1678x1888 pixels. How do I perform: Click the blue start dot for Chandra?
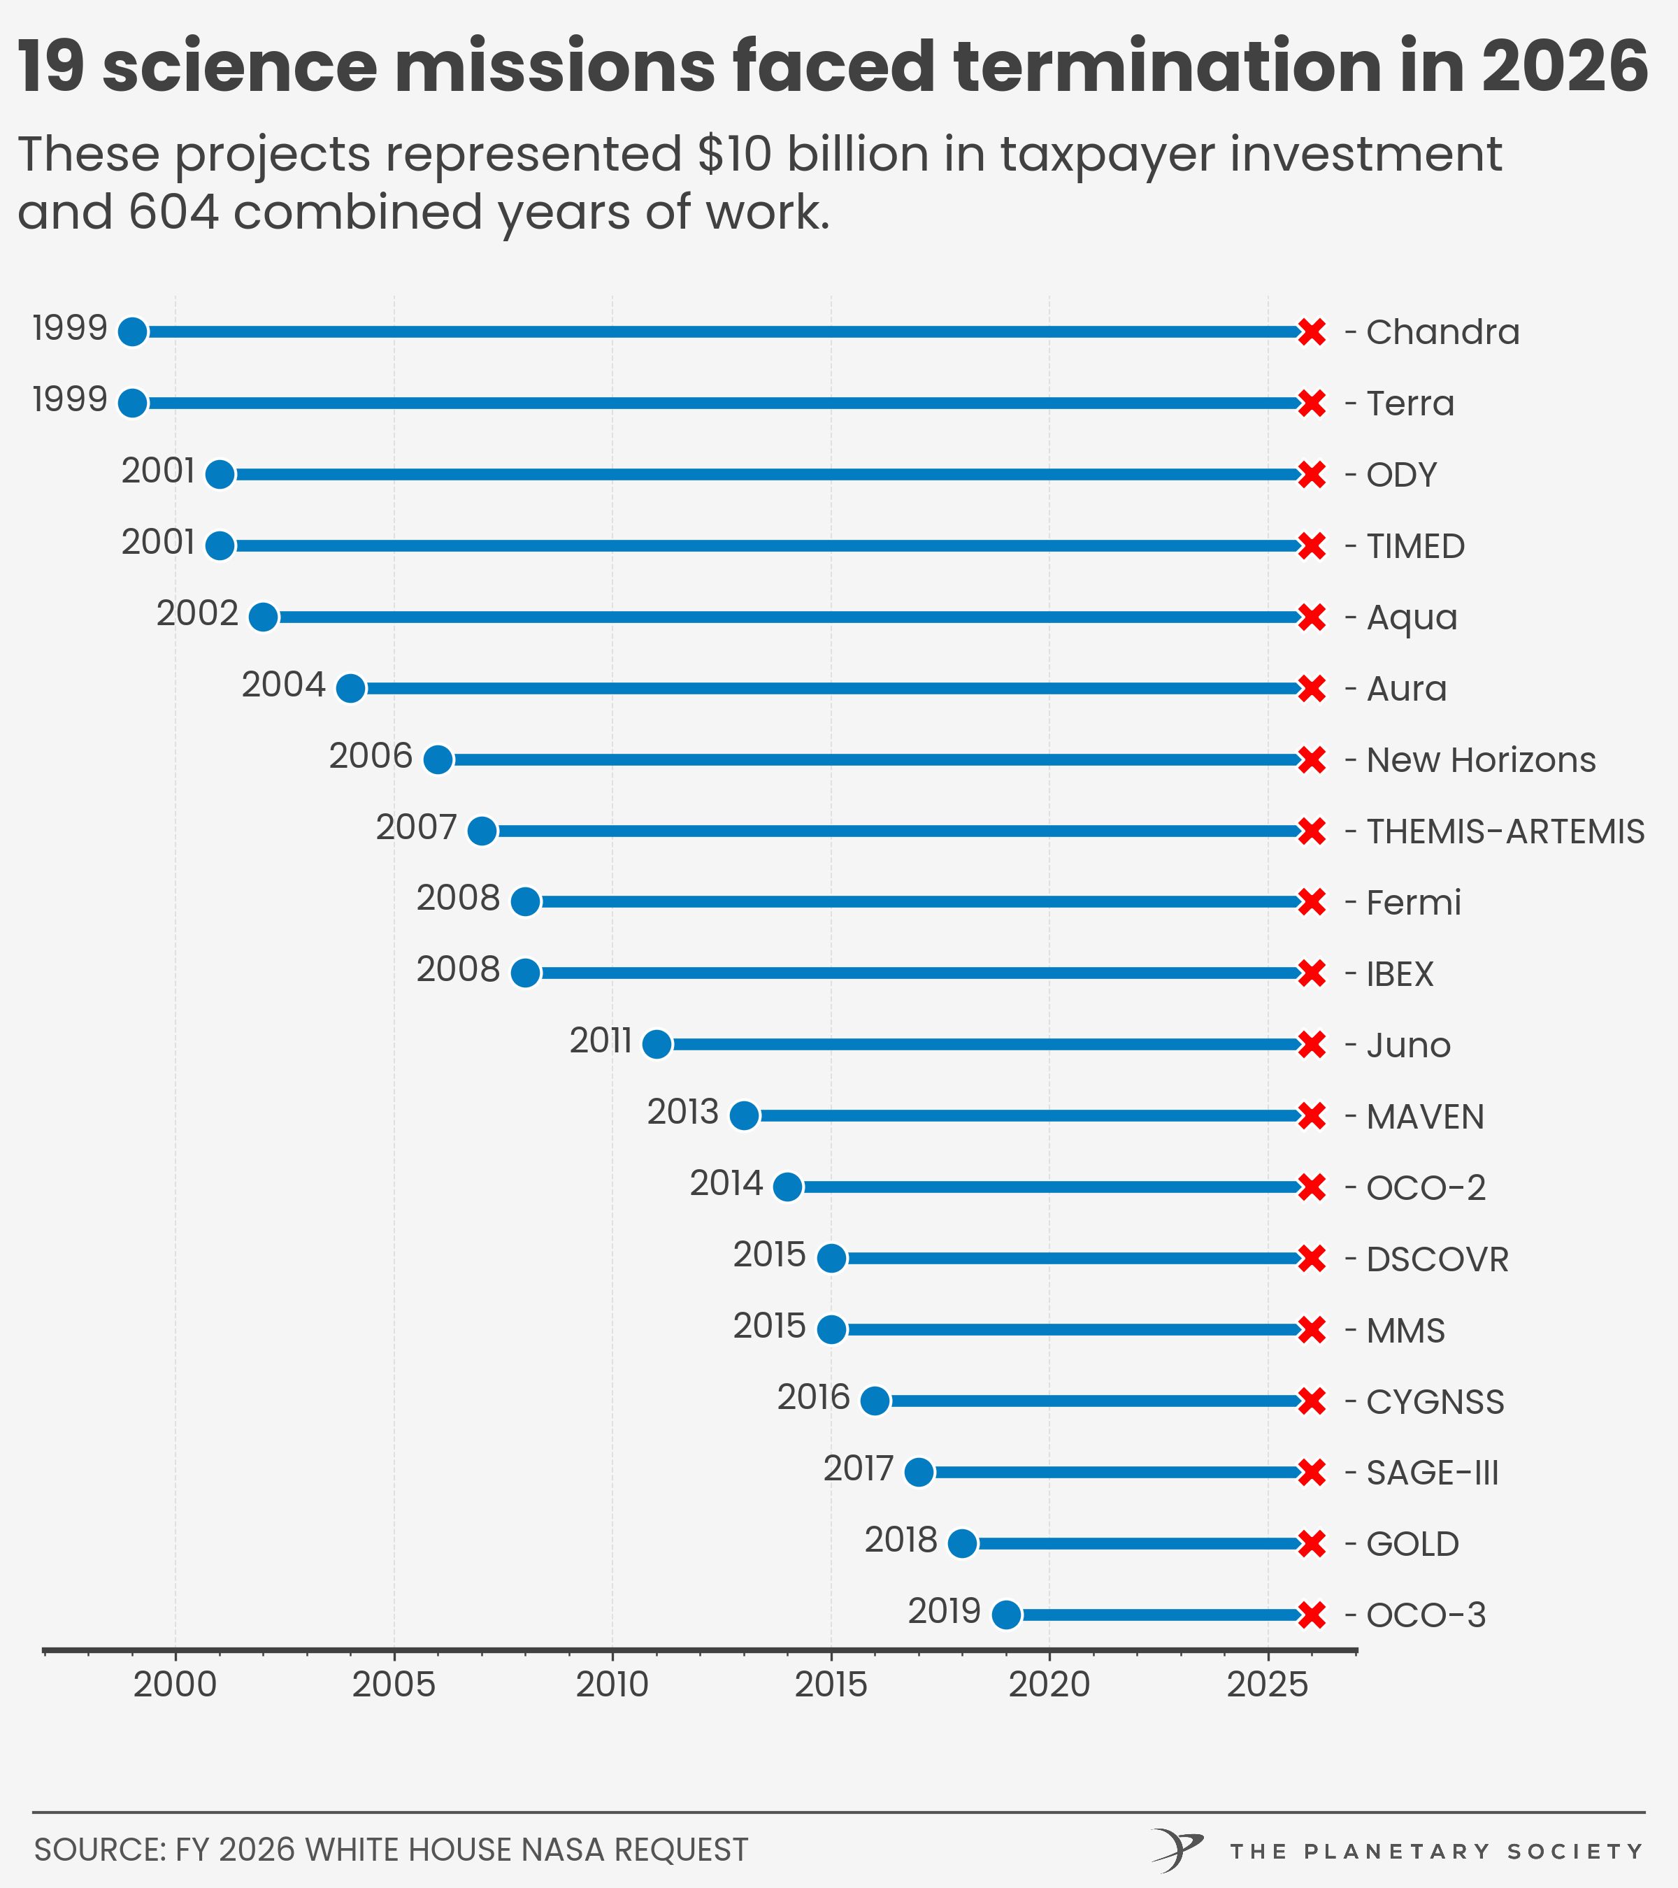tap(133, 331)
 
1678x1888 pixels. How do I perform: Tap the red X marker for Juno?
tap(1312, 1045)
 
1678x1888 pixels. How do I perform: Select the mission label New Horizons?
tap(1480, 760)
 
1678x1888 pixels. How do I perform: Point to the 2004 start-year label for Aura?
tap(284, 685)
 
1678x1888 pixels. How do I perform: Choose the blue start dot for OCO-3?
tap(1005, 1615)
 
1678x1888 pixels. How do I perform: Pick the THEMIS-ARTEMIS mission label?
tap(1505, 831)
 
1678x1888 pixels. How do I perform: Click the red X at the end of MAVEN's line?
tap(1312, 1116)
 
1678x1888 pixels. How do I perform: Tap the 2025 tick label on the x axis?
tap(1267, 1685)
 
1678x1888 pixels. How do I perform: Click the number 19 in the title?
tap(51, 66)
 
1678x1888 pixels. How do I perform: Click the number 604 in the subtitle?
tap(173, 213)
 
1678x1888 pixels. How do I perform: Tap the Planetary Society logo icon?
tap(1177, 1850)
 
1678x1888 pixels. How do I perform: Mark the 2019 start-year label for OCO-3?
tap(944, 1612)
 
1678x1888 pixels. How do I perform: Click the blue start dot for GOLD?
tap(962, 1543)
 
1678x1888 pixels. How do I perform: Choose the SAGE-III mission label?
tap(1431, 1473)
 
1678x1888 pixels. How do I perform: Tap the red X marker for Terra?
tap(1312, 403)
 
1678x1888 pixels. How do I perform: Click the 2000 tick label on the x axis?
tap(175, 1685)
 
